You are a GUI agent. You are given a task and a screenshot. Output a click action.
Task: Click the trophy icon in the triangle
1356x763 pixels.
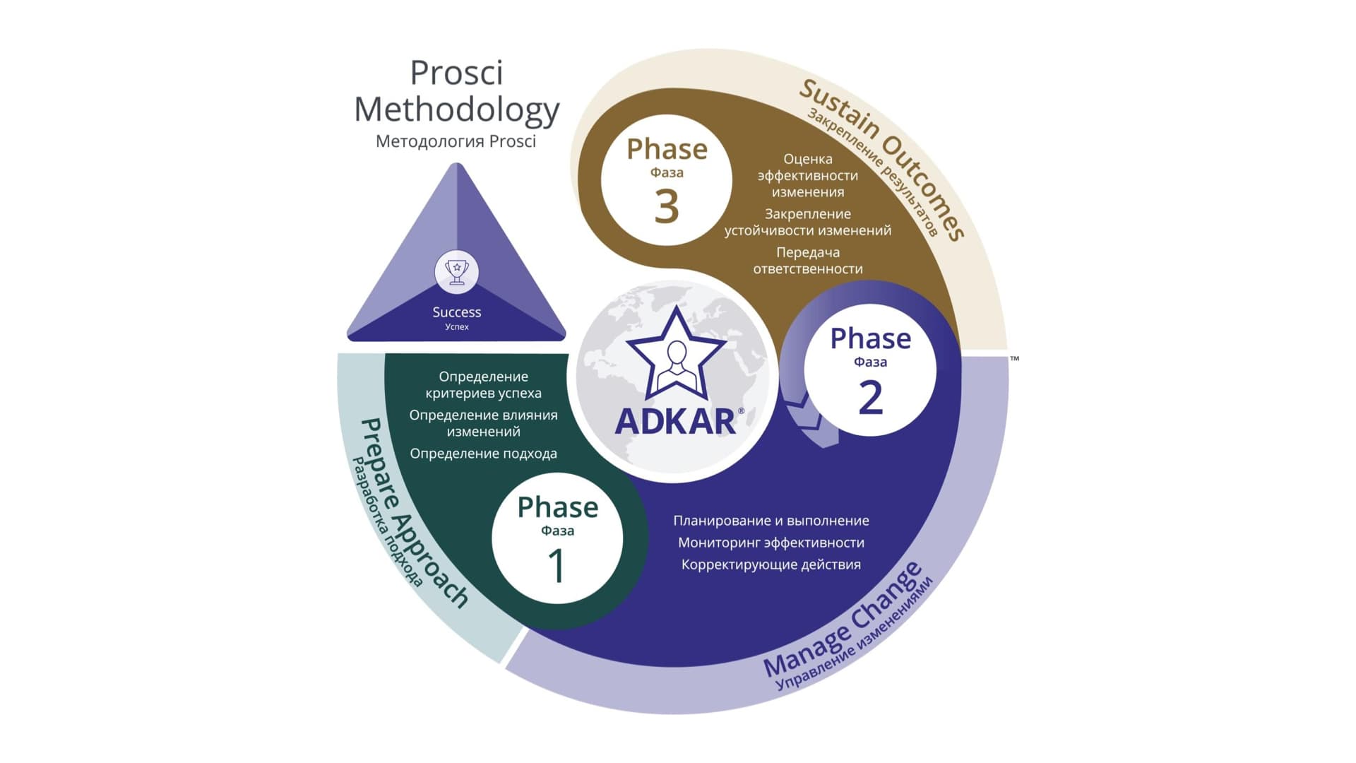[x=456, y=272]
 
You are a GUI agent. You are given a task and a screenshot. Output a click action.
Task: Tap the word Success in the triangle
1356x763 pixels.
[x=457, y=312]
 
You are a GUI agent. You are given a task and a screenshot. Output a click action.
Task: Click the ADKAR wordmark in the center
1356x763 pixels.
[x=676, y=422]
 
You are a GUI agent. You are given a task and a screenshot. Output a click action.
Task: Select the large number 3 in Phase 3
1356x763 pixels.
[x=667, y=206]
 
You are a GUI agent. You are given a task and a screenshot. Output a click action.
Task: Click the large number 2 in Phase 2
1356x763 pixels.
[x=871, y=397]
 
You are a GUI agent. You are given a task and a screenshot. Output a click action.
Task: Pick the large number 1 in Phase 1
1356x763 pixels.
[x=557, y=566]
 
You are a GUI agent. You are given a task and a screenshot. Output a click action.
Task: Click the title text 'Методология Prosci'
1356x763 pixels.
[x=456, y=141]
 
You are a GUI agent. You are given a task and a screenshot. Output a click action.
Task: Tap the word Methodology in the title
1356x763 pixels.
[x=457, y=110]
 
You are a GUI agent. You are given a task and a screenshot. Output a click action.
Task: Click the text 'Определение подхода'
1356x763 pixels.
[x=484, y=454]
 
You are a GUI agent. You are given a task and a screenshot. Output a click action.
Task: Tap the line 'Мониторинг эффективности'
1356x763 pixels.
[x=771, y=543]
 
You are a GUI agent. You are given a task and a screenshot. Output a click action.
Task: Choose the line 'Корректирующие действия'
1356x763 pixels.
[x=771, y=564]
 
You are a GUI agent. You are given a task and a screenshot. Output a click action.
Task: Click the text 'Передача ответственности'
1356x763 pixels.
[x=808, y=261]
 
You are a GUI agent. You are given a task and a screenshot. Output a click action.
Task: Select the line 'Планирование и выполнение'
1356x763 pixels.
[x=771, y=521]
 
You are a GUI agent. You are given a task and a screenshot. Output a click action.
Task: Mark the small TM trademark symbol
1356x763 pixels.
[x=1015, y=359]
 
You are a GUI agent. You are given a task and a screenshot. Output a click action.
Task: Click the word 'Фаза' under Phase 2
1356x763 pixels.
[x=871, y=362]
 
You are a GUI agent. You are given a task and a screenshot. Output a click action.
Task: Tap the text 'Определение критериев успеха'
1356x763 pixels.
[x=484, y=385]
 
